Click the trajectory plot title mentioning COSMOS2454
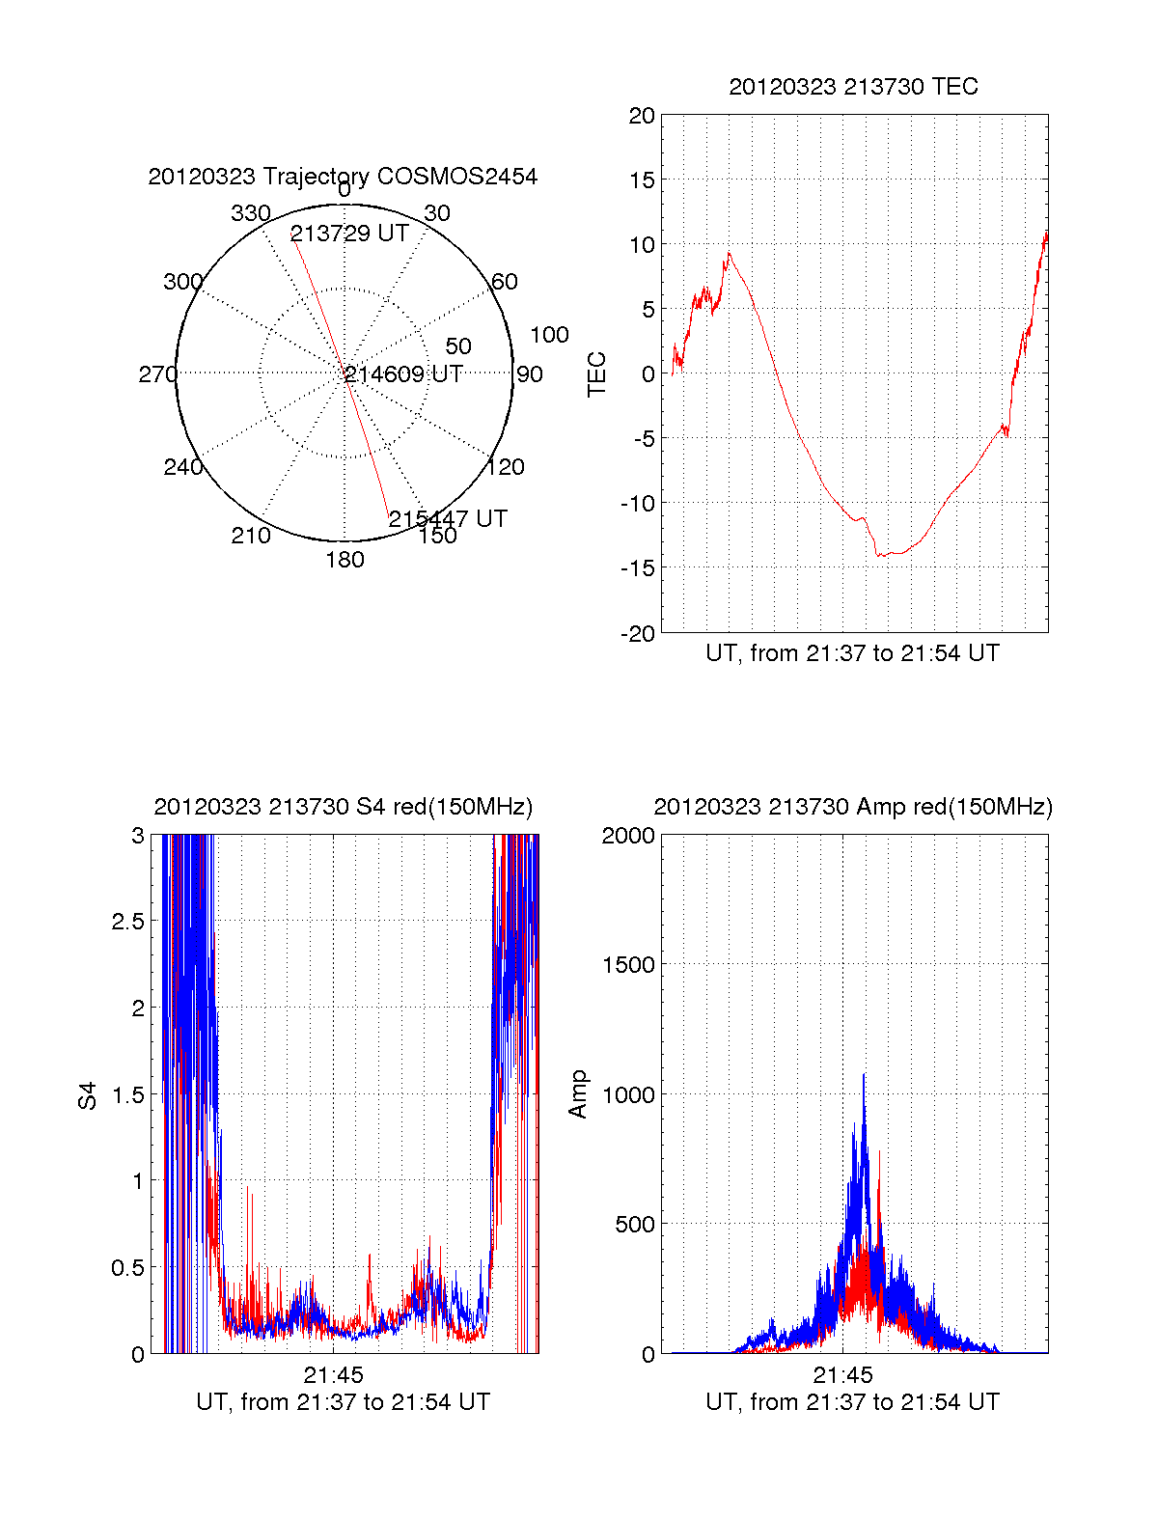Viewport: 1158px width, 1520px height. tap(343, 177)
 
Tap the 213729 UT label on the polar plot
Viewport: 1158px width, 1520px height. tap(349, 234)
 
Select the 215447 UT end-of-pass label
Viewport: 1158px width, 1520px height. tap(448, 518)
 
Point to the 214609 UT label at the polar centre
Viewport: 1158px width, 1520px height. tap(403, 374)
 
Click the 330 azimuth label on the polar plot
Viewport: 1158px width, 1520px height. tap(250, 213)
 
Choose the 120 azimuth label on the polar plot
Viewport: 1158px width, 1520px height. tap(506, 467)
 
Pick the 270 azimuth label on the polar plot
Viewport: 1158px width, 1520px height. tap(157, 374)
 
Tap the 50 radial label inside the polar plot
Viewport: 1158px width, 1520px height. tap(458, 345)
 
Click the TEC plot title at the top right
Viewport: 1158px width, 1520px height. tap(853, 87)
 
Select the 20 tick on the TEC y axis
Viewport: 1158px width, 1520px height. tap(642, 116)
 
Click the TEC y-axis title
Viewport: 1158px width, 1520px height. tap(597, 374)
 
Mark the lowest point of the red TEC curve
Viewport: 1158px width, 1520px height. tap(879, 556)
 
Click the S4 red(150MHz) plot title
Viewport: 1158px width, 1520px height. tap(343, 807)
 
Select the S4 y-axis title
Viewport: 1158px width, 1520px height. tap(88, 1095)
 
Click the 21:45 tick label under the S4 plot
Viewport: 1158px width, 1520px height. tap(333, 1374)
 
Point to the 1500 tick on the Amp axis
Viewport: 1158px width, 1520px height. tap(628, 965)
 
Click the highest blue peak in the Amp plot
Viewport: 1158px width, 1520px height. tap(864, 1075)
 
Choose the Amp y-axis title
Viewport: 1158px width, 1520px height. tap(578, 1094)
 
